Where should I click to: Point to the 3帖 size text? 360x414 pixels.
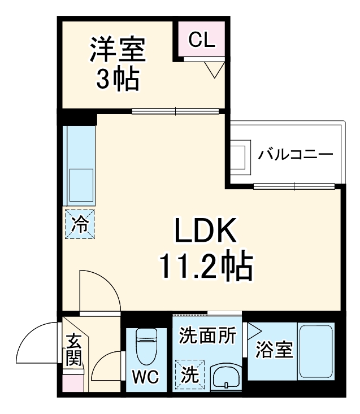coord(117,81)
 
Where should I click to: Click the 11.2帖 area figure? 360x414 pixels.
coord(205,269)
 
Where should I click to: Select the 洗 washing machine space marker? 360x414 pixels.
coord(188,373)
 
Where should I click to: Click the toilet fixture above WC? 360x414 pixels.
coord(146,346)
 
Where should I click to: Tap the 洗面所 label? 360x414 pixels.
coord(207,335)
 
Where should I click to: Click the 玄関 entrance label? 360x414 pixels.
coord(74,350)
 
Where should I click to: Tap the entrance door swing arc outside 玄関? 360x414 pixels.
coord(35,342)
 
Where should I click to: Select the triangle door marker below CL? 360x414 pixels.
coord(214,70)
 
